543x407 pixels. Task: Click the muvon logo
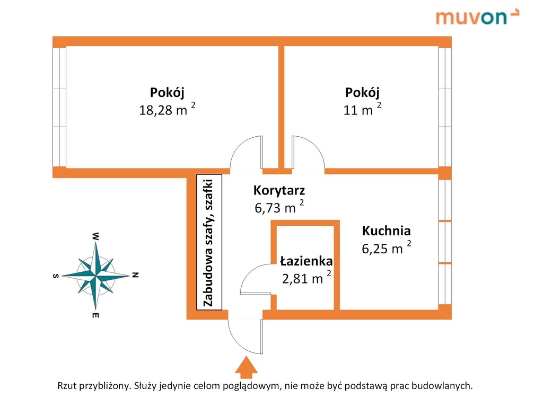(x=477, y=16)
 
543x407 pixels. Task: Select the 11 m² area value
(x=362, y=110)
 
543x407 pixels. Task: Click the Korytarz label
(x=279, y=190)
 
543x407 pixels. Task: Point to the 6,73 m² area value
(x=279, y=207)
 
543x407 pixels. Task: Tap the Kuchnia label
(x=386, y=231)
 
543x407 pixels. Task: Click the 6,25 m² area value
(x=387, y=248)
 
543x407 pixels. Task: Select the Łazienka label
(x=306, y=261)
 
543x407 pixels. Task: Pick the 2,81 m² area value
(x=306, y=278)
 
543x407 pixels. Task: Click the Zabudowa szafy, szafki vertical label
(x=208, y=241)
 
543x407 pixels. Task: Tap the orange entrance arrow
(x=245, y=367)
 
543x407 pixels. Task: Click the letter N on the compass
(x=135, y=275)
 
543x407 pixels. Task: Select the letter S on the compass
(x=55, y=276)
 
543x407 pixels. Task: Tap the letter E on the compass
(x=95, y=316)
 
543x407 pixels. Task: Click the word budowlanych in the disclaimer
(x=444, y=386)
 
